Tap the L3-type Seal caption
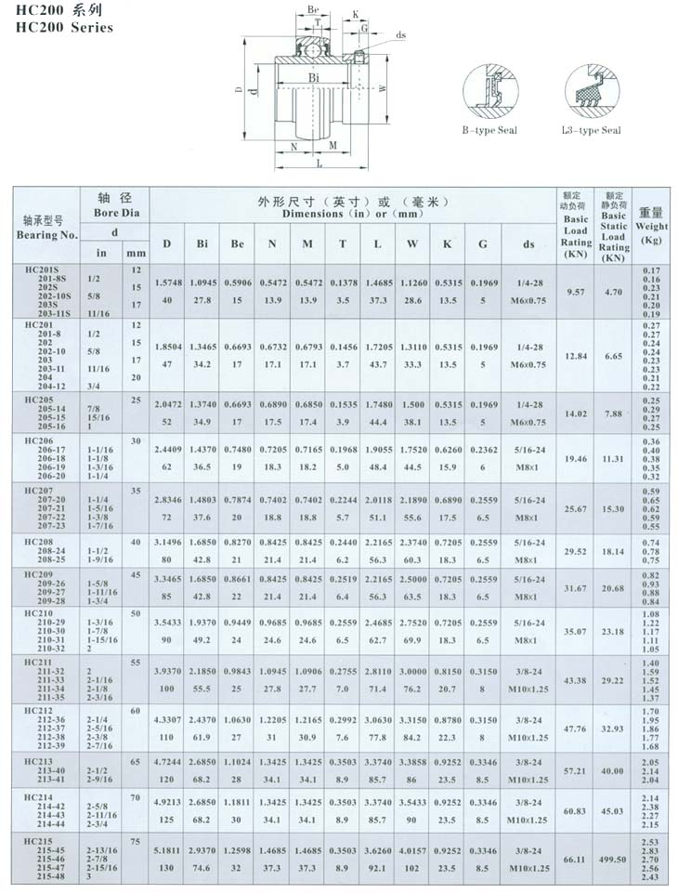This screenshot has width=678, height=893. (592, 130)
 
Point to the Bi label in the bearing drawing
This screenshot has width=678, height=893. (314, 77)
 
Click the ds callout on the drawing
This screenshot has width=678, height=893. (401, 35)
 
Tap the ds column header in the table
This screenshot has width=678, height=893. (528, 243)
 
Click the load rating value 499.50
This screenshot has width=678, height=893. (613, 860)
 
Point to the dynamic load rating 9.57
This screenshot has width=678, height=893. (576, 291)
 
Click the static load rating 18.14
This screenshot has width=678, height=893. (613, 551)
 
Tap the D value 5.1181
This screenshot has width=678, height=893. (167, 848)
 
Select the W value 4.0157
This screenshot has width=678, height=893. (412, 848)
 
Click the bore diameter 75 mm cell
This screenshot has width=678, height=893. (136, 841)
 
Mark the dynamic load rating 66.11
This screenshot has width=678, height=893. (576, 860)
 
